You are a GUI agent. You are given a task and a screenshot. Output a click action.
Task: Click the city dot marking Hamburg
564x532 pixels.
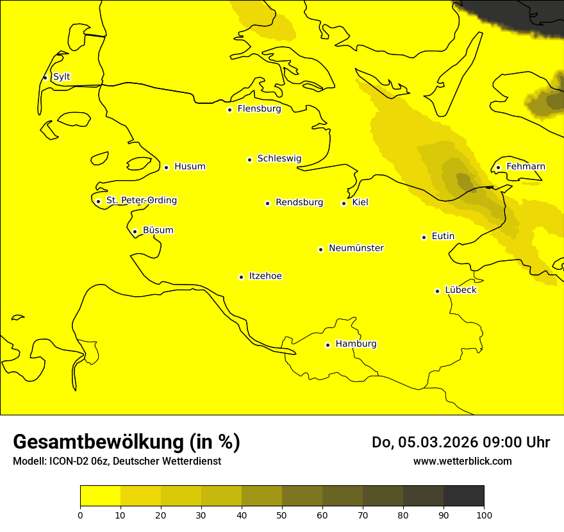click(x=328, y=345)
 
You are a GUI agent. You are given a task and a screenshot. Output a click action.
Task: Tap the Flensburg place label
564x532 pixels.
click(x=259, y=109)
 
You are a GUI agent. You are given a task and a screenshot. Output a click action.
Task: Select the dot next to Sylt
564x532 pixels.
click(x=45, y=78)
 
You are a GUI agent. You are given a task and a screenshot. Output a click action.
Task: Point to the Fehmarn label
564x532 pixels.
click(x=526, y=167)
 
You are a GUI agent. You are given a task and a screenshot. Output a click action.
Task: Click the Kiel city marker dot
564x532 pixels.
click(x=344, y=203)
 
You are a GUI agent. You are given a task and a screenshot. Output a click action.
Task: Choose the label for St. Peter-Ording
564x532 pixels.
click(x=141, y=201)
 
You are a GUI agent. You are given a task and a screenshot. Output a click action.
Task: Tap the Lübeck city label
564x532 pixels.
click(x=460, y=290)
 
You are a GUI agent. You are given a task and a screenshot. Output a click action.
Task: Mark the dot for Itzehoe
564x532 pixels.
click(x=241, y=277)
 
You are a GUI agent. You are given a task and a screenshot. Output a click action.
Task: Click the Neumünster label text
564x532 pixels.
click(x=356, y=248)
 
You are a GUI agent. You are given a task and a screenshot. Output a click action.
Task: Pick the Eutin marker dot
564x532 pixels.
click(x=424, y=237)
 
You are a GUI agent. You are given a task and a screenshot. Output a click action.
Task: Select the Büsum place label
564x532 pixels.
click(x=158, y=231)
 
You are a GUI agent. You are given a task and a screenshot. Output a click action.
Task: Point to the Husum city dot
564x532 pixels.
click(x=166, y=167)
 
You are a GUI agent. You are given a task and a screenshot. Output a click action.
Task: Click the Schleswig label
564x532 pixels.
click(x=279, y=159)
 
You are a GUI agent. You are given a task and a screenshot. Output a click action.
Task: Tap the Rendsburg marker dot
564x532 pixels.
click(x=267, y=203)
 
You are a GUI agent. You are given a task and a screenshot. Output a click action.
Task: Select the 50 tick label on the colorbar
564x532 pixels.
click(x=282, y=514)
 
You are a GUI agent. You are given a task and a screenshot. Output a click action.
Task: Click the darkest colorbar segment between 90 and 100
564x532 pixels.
click(x=463, y=495)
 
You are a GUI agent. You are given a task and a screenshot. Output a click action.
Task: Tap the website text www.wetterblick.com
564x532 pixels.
click(x=462, y=461)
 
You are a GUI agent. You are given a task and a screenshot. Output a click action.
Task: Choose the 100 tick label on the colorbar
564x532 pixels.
click(x=484, y=514)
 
